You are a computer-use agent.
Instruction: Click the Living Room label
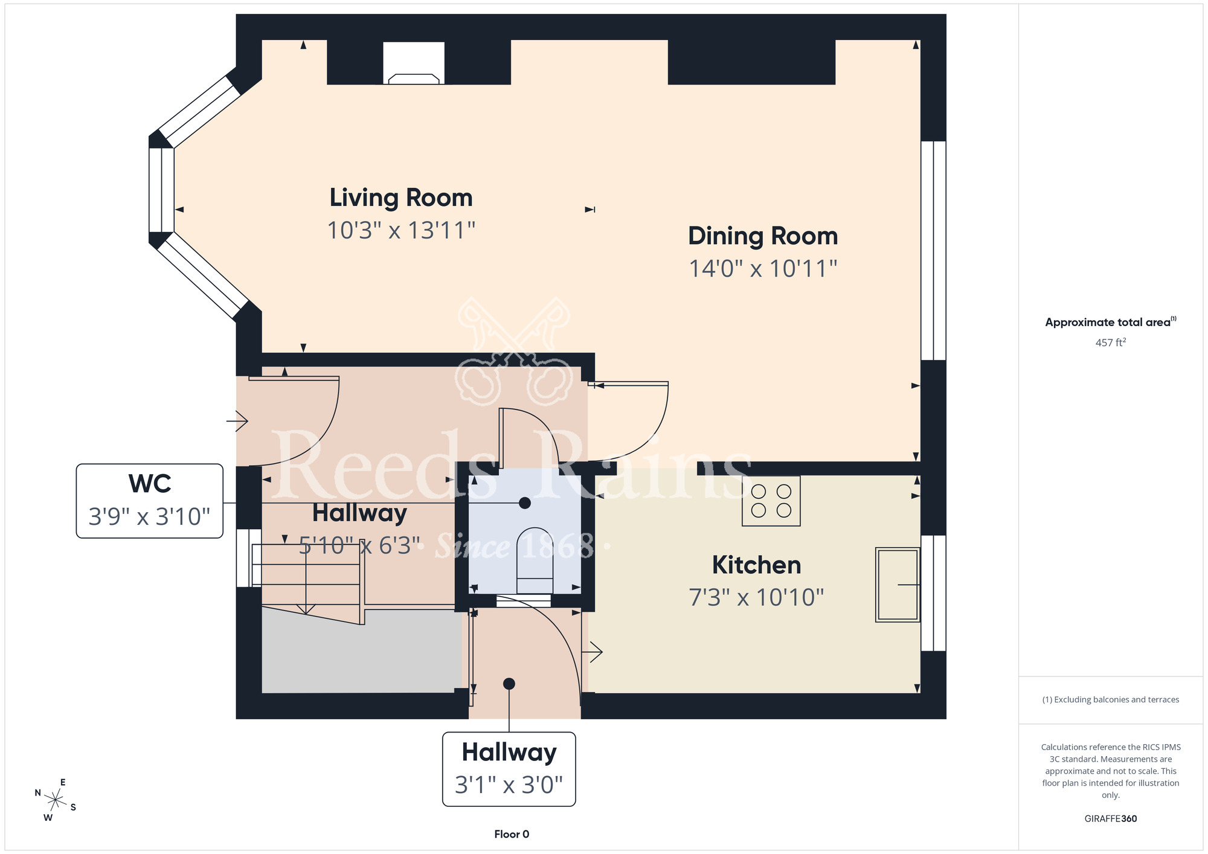point(401,198)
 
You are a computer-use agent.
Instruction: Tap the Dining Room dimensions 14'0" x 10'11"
point(763,269)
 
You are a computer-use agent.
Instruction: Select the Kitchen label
point(756,565)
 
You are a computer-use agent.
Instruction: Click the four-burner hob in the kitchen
point(771,501)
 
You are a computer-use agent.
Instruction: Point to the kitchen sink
point(898,585)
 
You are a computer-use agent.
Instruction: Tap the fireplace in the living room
point(414,63)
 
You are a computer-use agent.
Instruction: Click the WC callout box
point(150,501)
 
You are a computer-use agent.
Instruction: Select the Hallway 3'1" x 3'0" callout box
point(509,769)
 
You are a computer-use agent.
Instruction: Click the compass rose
point(56,801)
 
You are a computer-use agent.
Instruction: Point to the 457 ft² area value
point(1110,342)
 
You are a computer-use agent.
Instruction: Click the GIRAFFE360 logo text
point(1110,819)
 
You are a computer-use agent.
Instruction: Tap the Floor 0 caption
point(512,834)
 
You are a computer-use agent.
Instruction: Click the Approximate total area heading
point(1110,322)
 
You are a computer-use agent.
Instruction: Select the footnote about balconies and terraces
point(1110,699)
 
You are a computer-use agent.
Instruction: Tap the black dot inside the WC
point(525,502)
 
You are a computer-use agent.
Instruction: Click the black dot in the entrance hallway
point(509,684)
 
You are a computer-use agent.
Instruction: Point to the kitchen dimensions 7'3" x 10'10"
point(756,597)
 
